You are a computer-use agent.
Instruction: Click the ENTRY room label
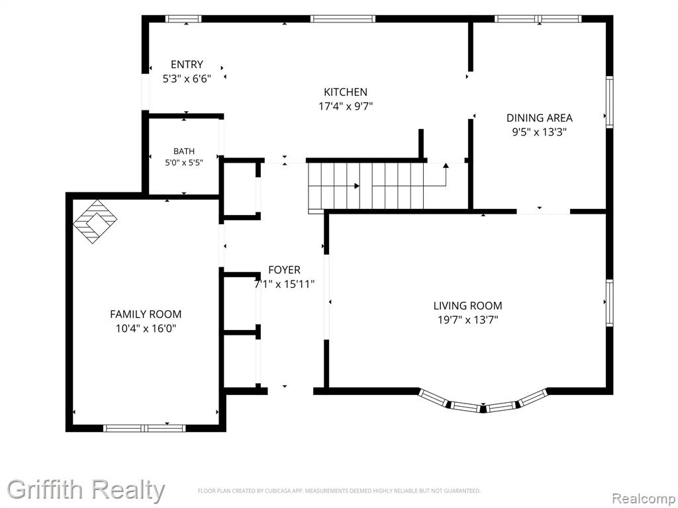tap(187, 65)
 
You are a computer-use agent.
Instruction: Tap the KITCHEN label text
tap(346, 92)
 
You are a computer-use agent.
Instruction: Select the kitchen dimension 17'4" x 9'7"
tap(346, 106)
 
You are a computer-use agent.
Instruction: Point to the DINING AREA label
tap(539, 118)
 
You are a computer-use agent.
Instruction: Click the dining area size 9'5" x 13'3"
tap(539, 132)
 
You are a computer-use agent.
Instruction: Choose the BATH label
tap(184, 151)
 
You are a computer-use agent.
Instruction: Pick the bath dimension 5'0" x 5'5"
tap(184, 163)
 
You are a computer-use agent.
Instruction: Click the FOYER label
tap(284, 270)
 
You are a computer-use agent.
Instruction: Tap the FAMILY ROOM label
tap(146, 314)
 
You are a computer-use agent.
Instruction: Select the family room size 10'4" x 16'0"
tap(146, 329)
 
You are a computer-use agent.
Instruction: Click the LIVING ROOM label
tap(468, 306)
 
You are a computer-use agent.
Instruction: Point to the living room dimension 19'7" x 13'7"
tap(468, 320)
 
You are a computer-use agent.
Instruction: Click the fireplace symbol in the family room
tap(95, 222)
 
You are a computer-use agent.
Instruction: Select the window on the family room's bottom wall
tap(144, 428)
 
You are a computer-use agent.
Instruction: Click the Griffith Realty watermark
tap(85, 490)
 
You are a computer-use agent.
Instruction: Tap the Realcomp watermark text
tap(644, 499)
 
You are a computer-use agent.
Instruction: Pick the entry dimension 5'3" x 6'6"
tap(187, 79)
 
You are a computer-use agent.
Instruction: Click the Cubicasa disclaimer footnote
tap(339, 491)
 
